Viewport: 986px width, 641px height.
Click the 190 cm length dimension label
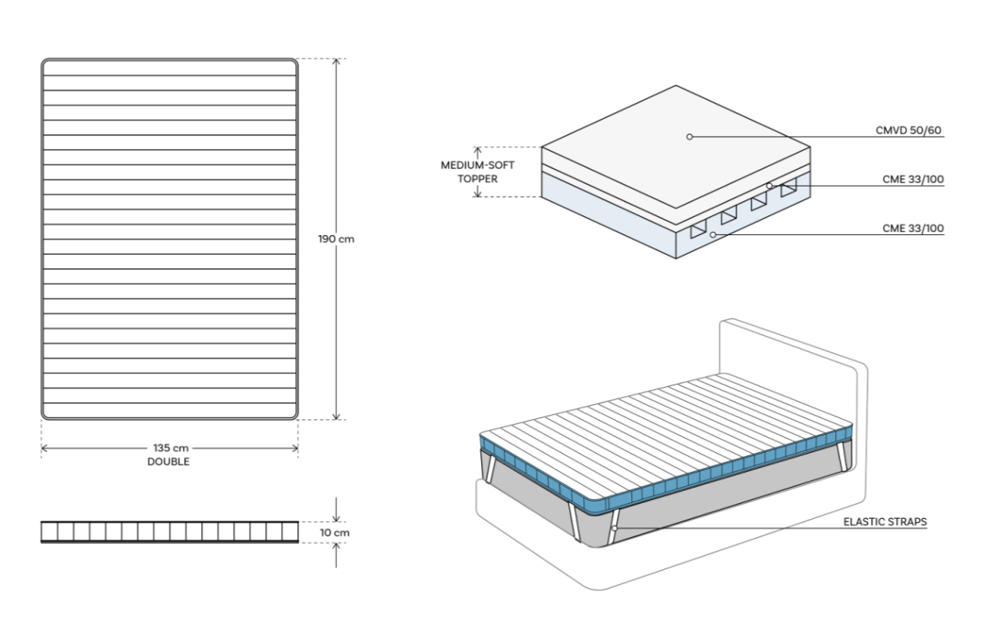click(x=336, y=239)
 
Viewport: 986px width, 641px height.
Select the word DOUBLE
click(x=168, y=462)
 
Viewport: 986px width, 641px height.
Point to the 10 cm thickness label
click(x=335, y=533)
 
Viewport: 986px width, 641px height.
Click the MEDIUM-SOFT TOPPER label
click(x=478, y=172)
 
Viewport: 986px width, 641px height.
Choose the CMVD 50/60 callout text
click(x=910, y=130)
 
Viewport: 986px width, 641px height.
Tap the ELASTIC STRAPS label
click(x=885, y=522)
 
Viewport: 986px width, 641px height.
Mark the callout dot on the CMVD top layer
click(x=690, y=136)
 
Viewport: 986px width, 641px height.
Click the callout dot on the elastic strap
click(x=616, y=526)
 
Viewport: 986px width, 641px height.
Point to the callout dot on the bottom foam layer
click(x=712, y=235)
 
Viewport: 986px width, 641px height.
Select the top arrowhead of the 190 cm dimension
click(x=336, y=63)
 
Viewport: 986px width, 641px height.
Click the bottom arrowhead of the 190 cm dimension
click(x=336, y=416)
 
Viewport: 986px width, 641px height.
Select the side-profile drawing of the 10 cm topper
click(x=168, y=531)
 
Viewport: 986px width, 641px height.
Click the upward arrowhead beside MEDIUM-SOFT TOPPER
click(x=478, y=150)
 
